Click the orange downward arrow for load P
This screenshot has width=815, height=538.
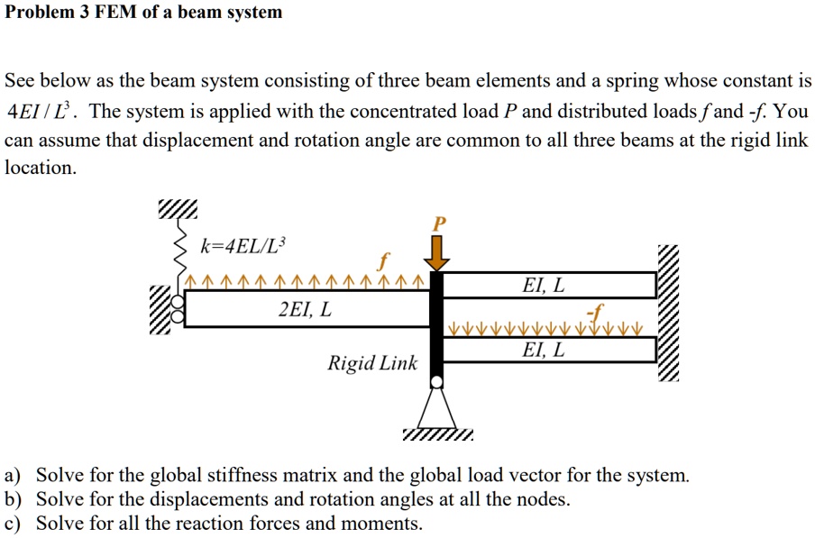(x=437, y=253)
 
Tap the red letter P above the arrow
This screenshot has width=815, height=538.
(x=439, y=223)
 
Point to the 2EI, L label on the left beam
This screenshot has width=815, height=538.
(x=305, y=310)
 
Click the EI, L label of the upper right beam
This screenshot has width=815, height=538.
(x=545, y=286)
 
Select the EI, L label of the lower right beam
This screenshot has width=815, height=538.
(x=545, y=351)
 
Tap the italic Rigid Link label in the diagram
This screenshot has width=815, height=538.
(x=372, y=364)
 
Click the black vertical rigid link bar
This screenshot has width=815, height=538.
(x=437, y=324)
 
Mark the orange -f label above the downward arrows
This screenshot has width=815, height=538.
(x=592, y=311)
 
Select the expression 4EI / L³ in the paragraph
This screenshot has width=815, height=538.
(x=41, y=113)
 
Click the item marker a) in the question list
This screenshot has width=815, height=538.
(x=14, y=475)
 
